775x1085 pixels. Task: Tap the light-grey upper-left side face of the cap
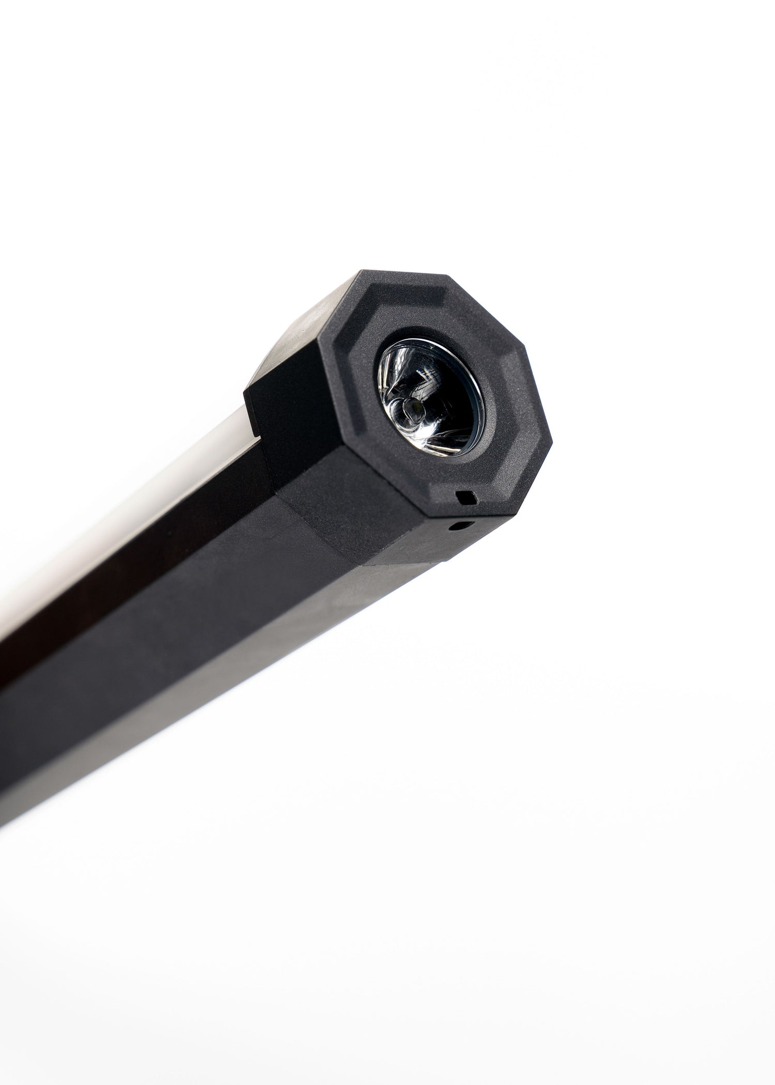click(x=295, y=331)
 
